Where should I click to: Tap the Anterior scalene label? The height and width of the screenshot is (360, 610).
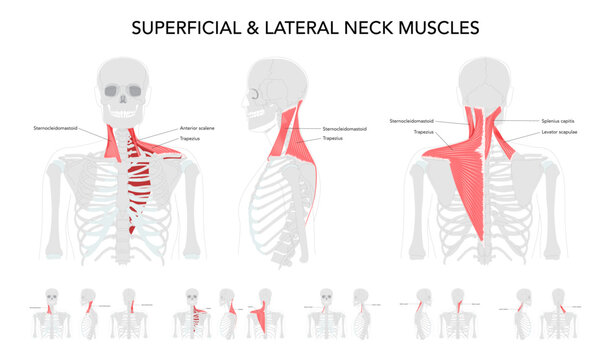[x=197, y=128]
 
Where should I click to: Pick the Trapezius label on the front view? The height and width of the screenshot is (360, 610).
[x=189, y=138]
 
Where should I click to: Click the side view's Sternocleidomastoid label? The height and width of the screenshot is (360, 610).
[x=344, y=128]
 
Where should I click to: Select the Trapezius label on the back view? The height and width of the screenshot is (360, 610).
[x=423, y=132]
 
